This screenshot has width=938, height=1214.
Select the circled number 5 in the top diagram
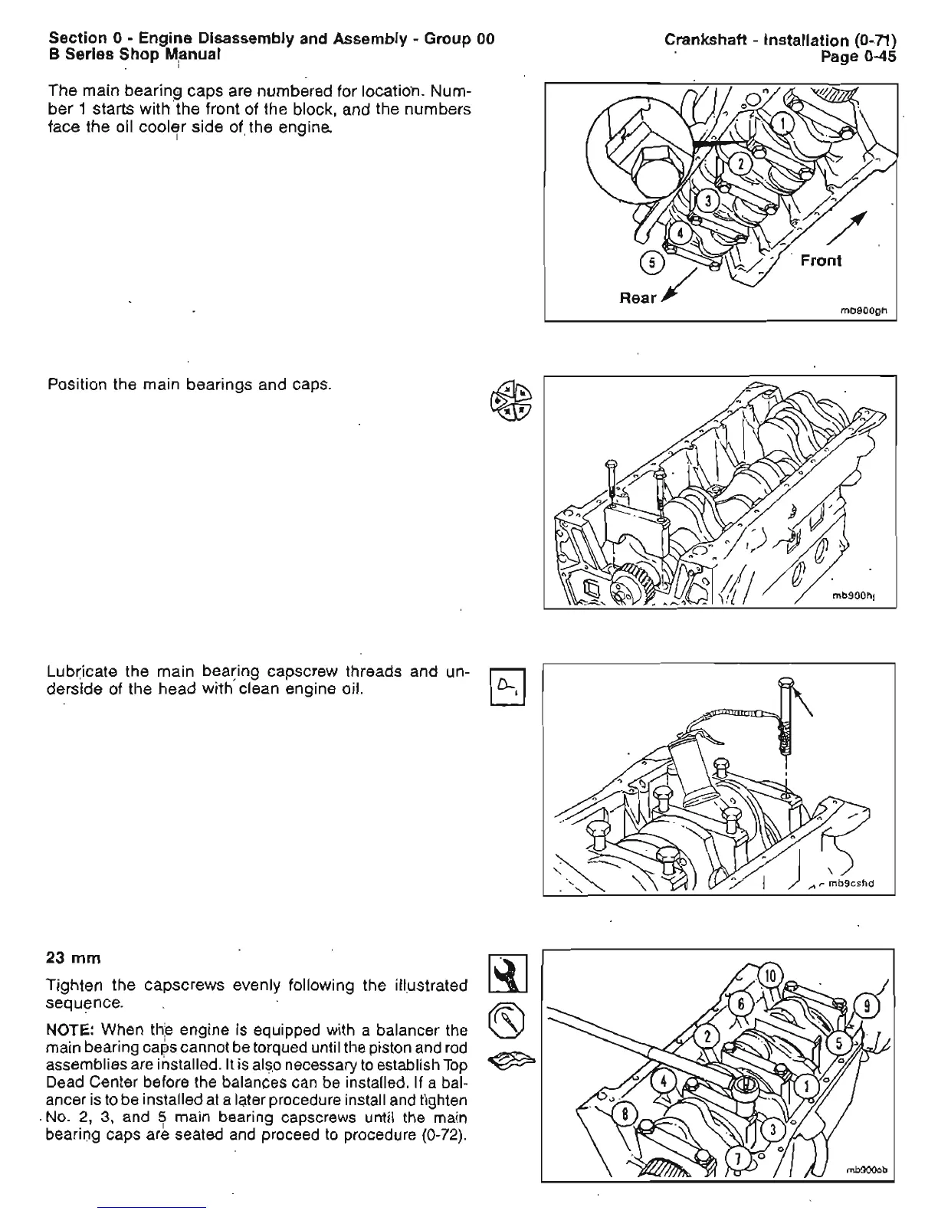pos(652,263)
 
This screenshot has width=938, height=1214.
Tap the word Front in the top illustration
pos(820,261)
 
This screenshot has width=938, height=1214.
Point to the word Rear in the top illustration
pos(638,297)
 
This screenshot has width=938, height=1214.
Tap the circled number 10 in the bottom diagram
pos(771,976)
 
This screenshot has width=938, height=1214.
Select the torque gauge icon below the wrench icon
pos(507,1019)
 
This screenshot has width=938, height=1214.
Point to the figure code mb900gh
pos(864,311)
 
